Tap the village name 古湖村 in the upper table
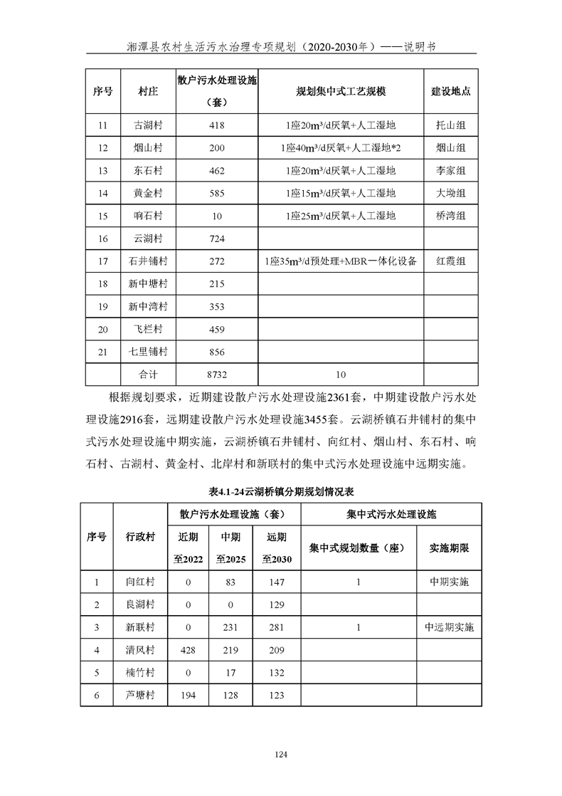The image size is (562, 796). click(x=148, y=126)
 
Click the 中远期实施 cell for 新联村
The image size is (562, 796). click(x=449, y=627)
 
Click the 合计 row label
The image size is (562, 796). click(x=148, y=373)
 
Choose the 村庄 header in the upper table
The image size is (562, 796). click(x=148, y=92)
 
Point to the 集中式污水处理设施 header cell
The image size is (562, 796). click(x=391, y=513)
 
